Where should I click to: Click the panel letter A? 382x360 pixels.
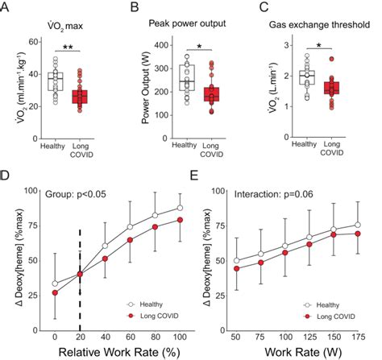7,7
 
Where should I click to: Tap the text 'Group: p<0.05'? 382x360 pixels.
70,194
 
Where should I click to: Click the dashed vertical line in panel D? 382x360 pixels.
79,266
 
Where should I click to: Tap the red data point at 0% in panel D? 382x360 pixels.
54,292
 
